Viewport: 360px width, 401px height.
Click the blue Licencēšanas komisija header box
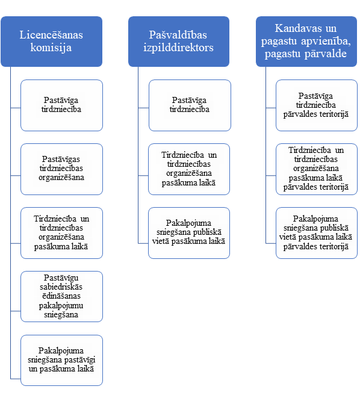point(51,42)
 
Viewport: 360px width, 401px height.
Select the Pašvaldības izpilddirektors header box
point(179,42)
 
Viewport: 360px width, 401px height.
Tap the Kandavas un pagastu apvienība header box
point(306,42)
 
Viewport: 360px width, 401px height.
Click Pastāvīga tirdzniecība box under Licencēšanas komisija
point(61,105)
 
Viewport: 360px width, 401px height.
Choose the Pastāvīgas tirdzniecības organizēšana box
point(61,169)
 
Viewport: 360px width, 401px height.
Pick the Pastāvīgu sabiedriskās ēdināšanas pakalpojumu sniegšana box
point(61,296)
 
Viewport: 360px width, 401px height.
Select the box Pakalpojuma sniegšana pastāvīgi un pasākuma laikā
point(61,360)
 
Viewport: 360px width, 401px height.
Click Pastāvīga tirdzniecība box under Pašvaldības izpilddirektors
point(190,105)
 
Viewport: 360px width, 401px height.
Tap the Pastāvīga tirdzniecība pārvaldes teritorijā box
point(317,105)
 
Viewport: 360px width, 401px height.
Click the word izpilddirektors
point(178,48)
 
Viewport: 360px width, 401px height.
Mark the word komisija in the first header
point(51,48)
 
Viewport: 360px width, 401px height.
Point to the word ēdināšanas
point(61,296)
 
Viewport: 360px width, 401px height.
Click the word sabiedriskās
point(61,287)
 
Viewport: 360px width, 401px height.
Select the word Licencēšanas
point(51,35)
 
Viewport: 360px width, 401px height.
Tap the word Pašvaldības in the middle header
point(178,35)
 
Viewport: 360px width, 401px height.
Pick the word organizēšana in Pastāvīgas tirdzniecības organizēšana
point(61,178)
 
